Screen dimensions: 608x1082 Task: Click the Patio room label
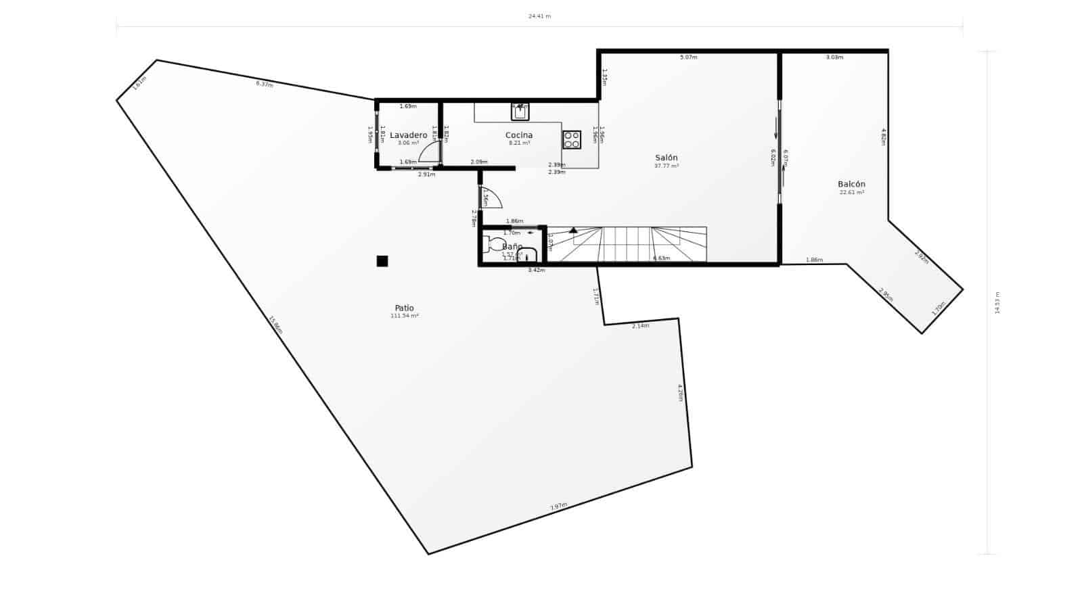[405, 308]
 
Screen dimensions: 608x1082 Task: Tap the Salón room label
[666, 158]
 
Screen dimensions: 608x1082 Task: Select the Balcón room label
[851, 184]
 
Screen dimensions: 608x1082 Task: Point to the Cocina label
[519, 135]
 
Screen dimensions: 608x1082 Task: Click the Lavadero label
[408, 135]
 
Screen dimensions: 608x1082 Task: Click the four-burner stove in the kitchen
[571, 139]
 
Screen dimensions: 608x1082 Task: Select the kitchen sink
[520, 112]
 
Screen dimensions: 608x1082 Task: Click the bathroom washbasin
[527, 255]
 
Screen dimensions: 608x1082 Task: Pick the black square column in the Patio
[382, 261]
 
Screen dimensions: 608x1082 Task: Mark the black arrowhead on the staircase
[573, 230]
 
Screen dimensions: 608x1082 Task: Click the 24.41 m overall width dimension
[539, 16]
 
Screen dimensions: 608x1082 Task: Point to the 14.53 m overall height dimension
[997, 302]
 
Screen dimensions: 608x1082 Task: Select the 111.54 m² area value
[405, 316]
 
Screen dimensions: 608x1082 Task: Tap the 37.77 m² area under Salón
[666, 166]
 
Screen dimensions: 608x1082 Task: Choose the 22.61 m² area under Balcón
[851, 193]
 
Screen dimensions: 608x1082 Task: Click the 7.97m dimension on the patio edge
[558, 506]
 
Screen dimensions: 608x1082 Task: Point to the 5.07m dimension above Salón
[688, 57]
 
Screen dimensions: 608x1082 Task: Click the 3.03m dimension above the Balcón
[834, 57]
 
